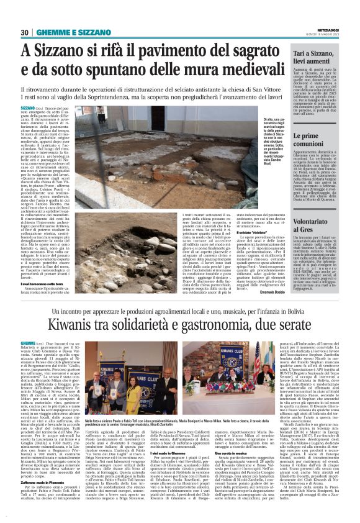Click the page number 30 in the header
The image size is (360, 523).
(24, 32)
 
